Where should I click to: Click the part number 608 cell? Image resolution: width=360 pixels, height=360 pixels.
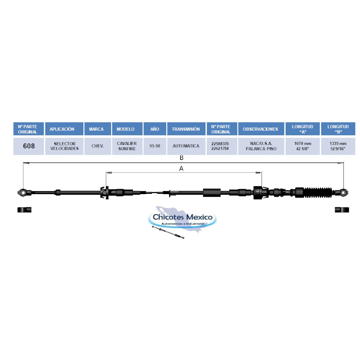click(28, 146)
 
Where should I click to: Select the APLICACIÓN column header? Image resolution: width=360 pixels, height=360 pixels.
click(64, 129)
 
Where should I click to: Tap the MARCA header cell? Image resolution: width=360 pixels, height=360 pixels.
click(97, 129)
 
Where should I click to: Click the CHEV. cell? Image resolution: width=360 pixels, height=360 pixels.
click(97, 146)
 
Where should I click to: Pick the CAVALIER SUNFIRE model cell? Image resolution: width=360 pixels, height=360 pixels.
click(127, 146)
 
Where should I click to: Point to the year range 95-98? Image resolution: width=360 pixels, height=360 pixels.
click(155, 146)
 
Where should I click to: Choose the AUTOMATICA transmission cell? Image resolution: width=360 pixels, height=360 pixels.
click(186, 146)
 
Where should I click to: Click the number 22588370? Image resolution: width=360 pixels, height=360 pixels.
click(220, 144)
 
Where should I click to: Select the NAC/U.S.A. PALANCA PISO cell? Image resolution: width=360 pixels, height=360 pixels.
click(261, 146)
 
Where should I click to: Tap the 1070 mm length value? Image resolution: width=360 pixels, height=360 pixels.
click(303, 143)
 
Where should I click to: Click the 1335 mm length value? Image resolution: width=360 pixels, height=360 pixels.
click(338, 143)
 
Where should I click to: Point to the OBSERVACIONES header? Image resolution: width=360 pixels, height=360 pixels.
click(261, 129)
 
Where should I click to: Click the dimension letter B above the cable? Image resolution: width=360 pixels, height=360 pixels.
click(181, 158)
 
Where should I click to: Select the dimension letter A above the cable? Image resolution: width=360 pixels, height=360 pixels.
click(181, 169)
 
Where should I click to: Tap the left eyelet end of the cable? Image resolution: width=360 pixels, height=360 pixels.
click(23, 192)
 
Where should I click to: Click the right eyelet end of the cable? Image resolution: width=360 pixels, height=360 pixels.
click(343, 192)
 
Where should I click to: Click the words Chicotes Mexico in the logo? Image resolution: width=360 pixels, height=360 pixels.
click(182, 217)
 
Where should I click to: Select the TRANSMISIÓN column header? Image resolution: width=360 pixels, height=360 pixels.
click(186, 129)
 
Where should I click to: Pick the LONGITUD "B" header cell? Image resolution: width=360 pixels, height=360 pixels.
click(338, 129)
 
